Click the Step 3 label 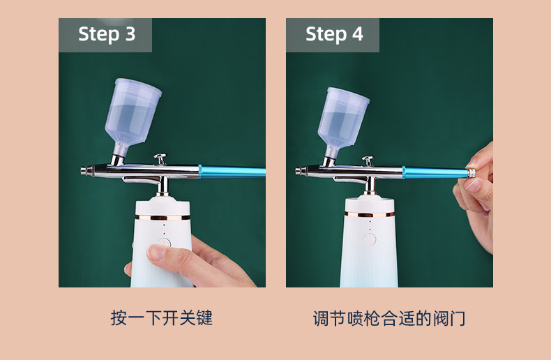106,34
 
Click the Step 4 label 334,34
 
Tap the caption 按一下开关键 162,318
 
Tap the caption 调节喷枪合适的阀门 389,319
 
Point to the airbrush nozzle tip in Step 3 83,170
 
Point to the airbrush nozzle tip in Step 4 298,171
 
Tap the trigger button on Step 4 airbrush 368,160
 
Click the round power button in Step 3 164,245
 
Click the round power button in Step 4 370,239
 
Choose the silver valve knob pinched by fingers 472,173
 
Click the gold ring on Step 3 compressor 163,218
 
